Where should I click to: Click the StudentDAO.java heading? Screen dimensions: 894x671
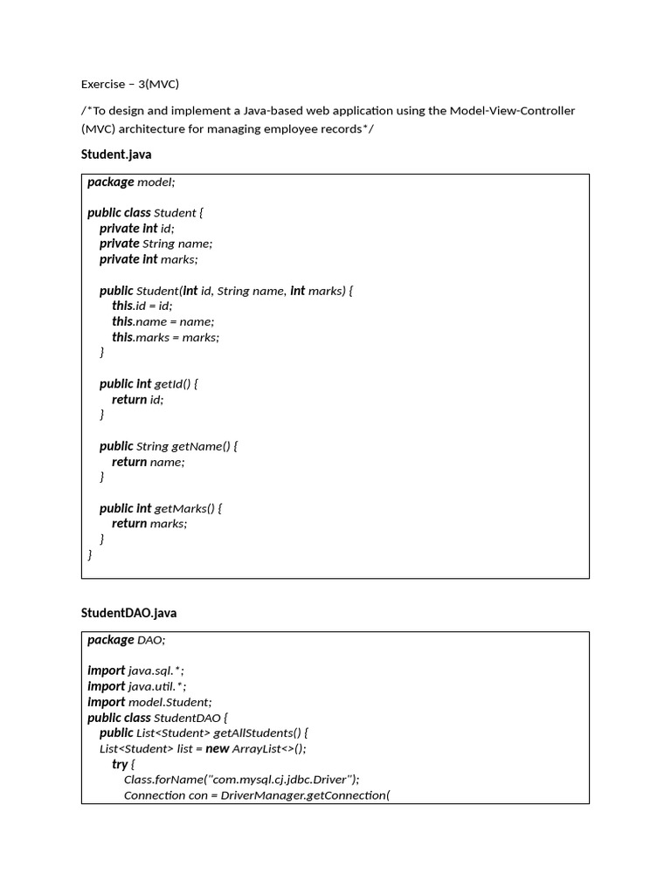click(128, 613)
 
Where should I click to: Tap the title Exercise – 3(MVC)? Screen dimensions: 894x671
click(130, 85)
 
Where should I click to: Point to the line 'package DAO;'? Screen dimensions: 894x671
click(126, 640)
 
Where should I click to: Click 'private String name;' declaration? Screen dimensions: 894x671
click(156, 244)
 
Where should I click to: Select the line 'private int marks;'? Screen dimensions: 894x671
click(149, 259)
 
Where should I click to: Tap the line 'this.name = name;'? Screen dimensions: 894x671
click(163, 321)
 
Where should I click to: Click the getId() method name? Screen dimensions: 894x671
click(172, 383)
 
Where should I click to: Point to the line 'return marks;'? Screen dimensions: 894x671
click(149, 524)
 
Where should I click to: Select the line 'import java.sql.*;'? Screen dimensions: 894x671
click(136, 670)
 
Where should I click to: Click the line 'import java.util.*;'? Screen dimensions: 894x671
click(137, 686)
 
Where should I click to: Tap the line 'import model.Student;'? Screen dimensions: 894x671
click(149, 702)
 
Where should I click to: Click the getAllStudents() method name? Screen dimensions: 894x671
click(257, 732)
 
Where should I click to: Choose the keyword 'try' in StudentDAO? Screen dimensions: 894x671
click(120, 764)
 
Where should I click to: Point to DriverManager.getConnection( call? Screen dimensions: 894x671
click(305, 795)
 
